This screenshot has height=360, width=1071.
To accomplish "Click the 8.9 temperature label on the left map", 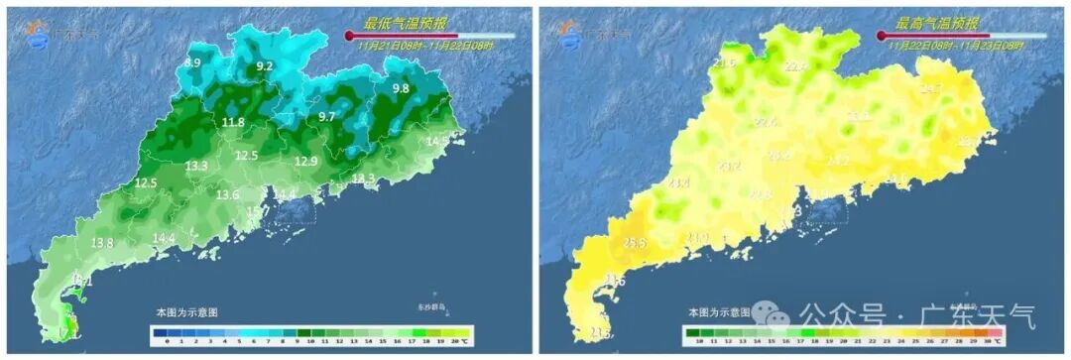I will click(x=192, y=62).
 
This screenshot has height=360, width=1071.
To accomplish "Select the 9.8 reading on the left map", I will click(x=401, y=89).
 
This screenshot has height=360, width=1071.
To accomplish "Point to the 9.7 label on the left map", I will click(x=326, y=117).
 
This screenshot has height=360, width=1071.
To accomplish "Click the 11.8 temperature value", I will click(x=233, y=122).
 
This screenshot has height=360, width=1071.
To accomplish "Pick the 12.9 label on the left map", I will click(x=306, y=162).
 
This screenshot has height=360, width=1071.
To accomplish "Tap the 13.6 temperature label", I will click(x=228, y=194).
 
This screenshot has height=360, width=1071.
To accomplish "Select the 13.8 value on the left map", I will click(x=102, y=243).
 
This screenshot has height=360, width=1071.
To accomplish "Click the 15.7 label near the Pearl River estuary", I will click(x=258, y=211).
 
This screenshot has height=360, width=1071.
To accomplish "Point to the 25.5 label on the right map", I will click(x=635, y=243).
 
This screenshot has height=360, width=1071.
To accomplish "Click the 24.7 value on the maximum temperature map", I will click(x=931, y=89).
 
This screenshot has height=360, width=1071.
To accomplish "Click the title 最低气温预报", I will click(x=404, y=23).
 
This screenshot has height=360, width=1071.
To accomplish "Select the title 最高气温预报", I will click(x=937, y=23).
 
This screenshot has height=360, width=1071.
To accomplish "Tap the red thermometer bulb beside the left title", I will click(x=349, y=36).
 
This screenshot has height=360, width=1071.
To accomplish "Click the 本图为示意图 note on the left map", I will click(x=186, y=312).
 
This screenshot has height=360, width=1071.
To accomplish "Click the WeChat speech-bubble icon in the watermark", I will click(x=771, y=315).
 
